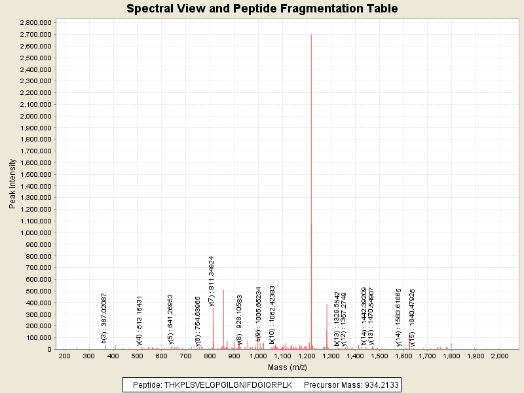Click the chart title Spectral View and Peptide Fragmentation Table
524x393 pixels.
coord(262,9)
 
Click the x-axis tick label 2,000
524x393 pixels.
coord(499,356)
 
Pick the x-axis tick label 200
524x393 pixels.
coord(64,356)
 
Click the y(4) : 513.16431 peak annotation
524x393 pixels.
coord(140,319)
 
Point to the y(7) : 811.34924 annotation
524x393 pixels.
coord(212,280)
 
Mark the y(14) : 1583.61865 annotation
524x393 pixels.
coord(398,317)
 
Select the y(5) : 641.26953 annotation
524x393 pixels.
coord(171,319)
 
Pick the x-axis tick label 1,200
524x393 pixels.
coord(306,356)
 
